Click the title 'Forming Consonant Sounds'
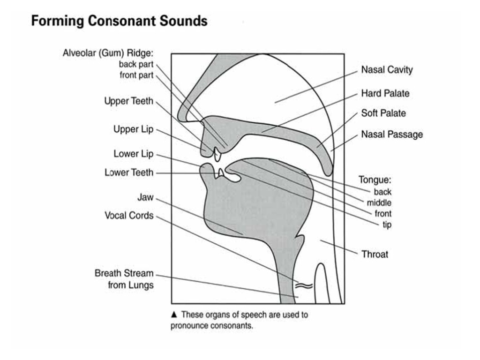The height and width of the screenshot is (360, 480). point(119,21)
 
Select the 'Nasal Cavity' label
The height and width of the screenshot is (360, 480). point(387,70)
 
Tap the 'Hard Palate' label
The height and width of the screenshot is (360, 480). point(385,93)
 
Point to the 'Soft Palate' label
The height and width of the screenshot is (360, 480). point(383,113)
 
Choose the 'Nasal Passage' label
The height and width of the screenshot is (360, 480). point(391,135)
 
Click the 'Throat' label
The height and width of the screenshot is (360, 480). point(375,255)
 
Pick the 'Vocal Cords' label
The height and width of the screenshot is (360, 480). point(129,216)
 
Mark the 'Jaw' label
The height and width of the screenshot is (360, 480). point(145,197)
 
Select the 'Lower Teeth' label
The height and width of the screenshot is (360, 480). point(129,172)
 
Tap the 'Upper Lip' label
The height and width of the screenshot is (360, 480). point(133,129)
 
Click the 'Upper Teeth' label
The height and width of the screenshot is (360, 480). point(128,101)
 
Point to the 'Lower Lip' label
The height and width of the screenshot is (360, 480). point(133,154)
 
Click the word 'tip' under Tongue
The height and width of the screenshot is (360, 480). point(387,225)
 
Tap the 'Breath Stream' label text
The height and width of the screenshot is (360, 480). point(124,273)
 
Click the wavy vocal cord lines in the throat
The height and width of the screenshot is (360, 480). point(303,284)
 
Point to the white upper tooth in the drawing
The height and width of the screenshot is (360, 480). point(217,155)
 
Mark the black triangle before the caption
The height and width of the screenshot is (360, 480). point(174,315)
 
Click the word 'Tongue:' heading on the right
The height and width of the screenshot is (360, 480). point(375,180)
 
